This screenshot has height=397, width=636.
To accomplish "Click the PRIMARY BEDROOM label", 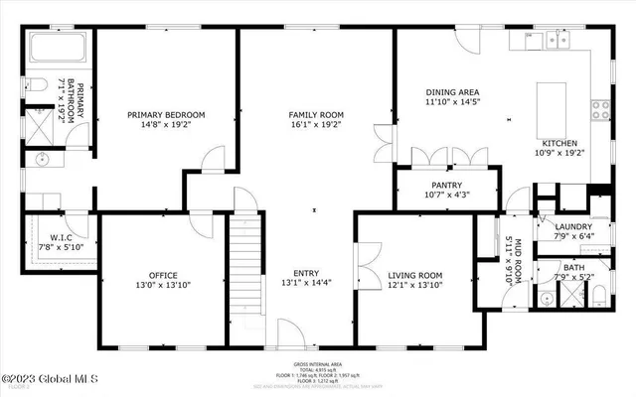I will [165, 115].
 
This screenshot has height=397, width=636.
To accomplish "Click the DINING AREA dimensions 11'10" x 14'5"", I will [452, 102].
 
